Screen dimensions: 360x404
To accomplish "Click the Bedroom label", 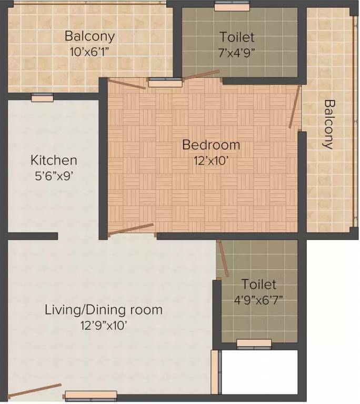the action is click(211, 145).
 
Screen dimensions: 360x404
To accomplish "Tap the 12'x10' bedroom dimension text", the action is click(211, 161).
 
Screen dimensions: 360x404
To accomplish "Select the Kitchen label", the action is click(54, 160).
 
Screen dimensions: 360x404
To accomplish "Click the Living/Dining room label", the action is click(104, 310).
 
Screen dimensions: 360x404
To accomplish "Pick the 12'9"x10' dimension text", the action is click(104, 326).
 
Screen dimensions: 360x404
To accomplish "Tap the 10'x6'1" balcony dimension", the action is click(89, 52).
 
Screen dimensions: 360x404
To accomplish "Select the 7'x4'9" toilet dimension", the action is click(237, 53).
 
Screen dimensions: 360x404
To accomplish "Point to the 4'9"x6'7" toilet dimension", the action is click(258, 300).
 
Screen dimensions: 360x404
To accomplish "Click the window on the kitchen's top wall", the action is click(42, 97).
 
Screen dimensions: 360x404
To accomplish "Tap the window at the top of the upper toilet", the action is click(232, 6).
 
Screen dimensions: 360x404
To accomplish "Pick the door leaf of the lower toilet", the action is click(223, 258).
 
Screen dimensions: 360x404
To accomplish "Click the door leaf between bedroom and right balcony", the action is click(295, 107).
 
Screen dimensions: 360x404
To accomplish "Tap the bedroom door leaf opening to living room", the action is click(131, 229).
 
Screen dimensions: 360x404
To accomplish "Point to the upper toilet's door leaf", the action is click(201, 75).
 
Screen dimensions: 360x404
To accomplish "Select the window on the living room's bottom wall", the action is click(91, 396).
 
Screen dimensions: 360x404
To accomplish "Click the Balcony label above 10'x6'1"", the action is click(90, 36).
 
